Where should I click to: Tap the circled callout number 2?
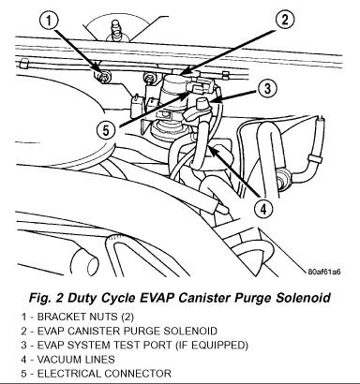point(285,20)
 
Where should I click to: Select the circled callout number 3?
point(267,89)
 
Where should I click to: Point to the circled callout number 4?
point(263,209)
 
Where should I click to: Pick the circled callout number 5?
point(106,130)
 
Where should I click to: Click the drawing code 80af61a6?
point(324,272)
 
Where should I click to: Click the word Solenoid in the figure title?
point(303,297)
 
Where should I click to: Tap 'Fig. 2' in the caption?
point(45,298)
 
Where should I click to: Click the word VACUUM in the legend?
point(55,360)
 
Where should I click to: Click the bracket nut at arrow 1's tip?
point(102,76)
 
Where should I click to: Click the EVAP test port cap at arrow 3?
point(202,103)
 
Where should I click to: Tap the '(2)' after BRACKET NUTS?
point(127,317)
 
